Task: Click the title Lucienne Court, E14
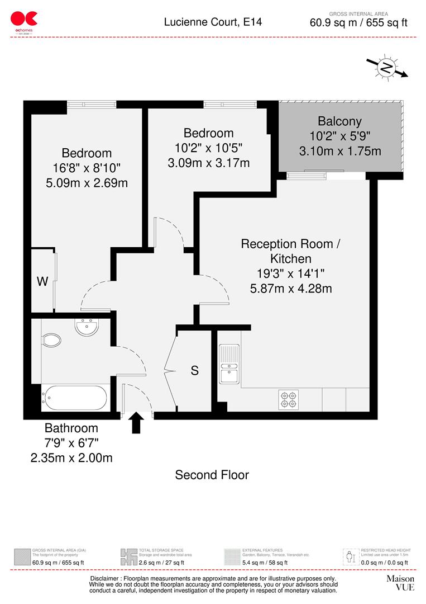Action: click(212, 22)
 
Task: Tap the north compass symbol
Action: click(386, 68)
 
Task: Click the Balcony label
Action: click(339, 121)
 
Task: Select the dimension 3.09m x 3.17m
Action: click(208, 163)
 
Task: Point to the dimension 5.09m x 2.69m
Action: click(87, 183)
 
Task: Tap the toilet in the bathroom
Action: click(51, 340)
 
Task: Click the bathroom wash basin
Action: click(87, 327)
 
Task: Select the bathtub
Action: click(75, 398)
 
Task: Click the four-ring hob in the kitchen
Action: click(288, 398)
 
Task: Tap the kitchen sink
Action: click(228, 365)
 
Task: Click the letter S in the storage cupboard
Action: click(194, 370)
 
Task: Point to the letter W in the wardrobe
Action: click(42, 281)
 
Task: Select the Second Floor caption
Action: click(212, 475)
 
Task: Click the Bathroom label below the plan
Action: click(71, 428)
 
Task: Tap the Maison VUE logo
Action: click(400, 583)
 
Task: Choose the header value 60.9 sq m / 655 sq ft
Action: click(358, 23)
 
